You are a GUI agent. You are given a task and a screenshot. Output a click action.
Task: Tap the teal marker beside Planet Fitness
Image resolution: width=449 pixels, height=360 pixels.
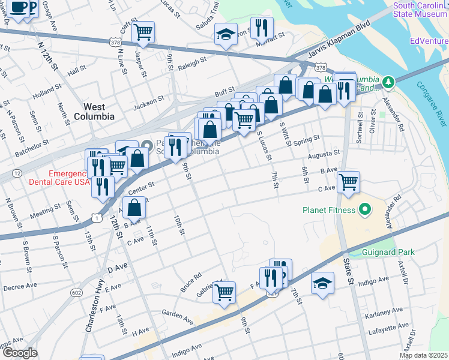364,210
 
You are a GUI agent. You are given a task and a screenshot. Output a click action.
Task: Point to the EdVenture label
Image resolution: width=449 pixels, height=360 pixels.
429,41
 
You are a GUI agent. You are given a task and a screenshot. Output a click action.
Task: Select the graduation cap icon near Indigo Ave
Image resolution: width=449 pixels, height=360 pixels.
322,283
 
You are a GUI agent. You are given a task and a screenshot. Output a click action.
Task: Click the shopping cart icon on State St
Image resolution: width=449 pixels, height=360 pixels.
348,181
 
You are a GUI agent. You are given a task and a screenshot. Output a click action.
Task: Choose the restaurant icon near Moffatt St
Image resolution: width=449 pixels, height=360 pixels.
262,28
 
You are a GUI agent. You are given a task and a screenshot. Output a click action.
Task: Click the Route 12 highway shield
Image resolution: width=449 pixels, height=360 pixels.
17,173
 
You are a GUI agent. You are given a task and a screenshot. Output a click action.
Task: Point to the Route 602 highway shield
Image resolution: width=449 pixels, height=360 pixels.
76,292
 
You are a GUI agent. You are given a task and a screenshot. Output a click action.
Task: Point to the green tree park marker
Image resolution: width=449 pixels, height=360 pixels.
389,81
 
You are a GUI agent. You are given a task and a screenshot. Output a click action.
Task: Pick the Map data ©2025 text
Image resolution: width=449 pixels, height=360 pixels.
424,355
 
